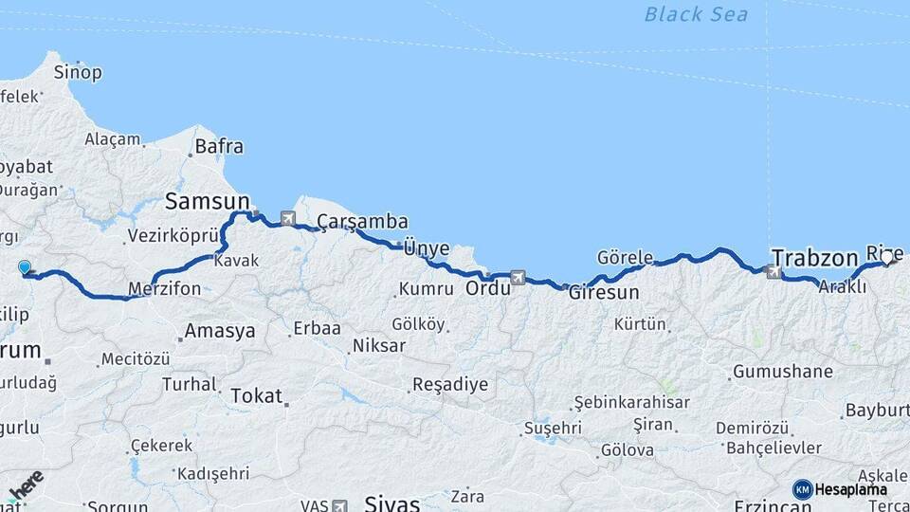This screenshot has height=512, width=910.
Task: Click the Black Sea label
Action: [x=696, y=14]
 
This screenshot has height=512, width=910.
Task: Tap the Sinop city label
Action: [x=78, y=72]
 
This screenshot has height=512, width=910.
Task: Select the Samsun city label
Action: [x=207, y=201]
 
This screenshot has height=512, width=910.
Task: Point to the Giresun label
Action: [x=604, y=293]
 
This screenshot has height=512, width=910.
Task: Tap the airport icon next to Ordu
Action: [x=518, y=278]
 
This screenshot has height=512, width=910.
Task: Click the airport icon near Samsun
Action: [x=288, y=220]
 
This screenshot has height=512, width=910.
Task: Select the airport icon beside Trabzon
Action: [x=773, y=272]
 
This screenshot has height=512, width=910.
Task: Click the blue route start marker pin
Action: [x=24, y=269]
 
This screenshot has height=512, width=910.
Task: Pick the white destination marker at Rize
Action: [x=887, y=256]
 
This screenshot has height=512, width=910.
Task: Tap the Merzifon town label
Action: [x=165, y=288]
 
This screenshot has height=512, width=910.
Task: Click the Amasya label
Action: [x=219, y=331]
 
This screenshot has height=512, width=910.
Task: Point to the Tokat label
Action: [x=256, y=396]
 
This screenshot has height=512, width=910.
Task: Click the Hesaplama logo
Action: [x=841, y=489]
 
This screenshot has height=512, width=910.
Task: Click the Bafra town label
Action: [x=219, y=147]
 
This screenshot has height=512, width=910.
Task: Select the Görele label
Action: [x=625, y=257]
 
